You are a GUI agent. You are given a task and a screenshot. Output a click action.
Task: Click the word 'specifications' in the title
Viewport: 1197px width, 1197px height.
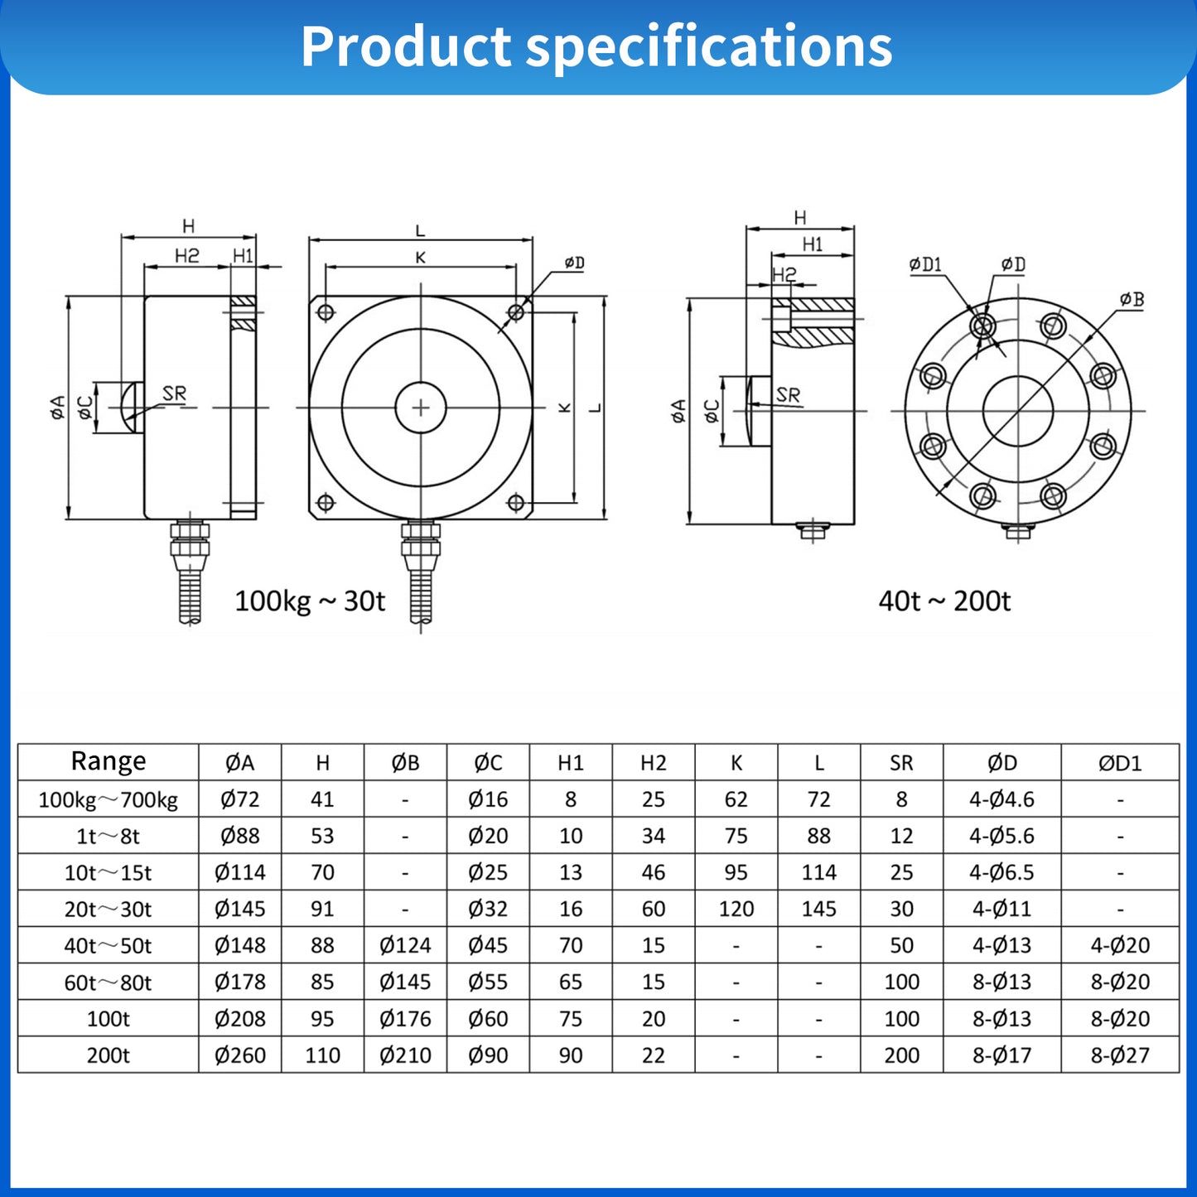point(709,47)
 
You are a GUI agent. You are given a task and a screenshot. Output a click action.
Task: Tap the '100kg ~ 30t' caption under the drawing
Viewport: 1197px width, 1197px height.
point(310,601)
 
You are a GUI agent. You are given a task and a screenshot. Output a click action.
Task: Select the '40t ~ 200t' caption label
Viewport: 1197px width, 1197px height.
point(944,601)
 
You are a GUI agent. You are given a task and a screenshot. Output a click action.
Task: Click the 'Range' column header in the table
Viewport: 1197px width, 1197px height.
point(109,761)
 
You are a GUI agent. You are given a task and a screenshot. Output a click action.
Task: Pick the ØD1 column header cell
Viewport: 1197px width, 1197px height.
point(1120,763)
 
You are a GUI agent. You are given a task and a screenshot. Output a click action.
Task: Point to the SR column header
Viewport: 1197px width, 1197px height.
point(901,763)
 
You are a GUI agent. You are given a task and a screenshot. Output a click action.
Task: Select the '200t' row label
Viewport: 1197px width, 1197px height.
point(109,1055)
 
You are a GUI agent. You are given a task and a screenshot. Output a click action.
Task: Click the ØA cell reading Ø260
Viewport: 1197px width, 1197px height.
point(240,1055)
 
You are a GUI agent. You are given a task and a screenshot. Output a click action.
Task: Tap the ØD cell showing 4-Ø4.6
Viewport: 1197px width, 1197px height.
point(1002,799)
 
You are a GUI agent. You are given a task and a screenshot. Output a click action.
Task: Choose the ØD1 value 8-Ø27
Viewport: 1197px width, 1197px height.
point(1120,1055)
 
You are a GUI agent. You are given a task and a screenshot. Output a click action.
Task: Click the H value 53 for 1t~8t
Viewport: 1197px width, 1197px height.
point(322,836)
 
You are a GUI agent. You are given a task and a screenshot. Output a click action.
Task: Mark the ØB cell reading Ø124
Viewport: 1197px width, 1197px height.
point(405,945)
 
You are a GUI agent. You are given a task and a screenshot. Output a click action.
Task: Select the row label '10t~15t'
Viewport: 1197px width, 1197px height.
point(109,873)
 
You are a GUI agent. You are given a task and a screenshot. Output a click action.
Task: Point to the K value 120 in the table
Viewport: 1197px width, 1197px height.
point(736,910)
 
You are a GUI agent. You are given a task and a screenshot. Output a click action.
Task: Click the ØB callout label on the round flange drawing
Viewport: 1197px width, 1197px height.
point(1132,299)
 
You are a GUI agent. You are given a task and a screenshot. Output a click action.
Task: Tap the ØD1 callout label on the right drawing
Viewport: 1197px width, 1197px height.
point(925,264)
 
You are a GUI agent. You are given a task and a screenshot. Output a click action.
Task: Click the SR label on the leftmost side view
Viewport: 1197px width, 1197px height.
point(174,393)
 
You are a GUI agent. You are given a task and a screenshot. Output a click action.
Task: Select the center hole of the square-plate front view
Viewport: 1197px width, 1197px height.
point(421,408)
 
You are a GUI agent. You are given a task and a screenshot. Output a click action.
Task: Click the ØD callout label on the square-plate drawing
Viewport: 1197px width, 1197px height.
point(574,263)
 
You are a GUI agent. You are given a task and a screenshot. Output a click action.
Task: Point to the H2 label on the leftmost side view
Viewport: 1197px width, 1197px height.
point(187,256)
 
